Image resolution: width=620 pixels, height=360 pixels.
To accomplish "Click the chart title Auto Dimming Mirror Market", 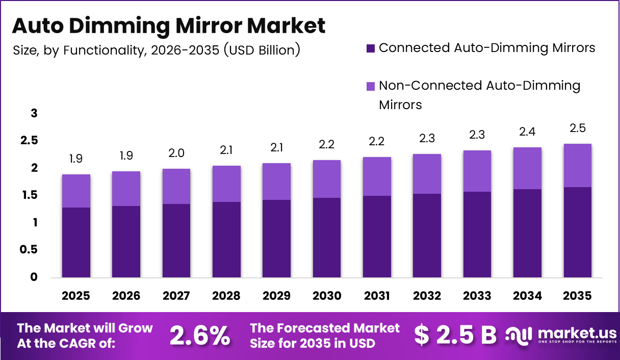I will (x=168, y=25).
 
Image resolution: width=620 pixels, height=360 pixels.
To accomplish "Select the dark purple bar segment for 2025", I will (x=76, y=242).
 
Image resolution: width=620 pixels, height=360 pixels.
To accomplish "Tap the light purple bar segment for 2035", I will (x=577, y=165).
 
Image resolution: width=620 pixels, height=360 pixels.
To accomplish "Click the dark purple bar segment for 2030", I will (x=326, y=238).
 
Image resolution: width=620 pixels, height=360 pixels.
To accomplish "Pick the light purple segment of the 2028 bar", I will (x=226, y=184).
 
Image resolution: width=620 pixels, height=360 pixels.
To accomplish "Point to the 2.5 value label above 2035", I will (x=577, y=128).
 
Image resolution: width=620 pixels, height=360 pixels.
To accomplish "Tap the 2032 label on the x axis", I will (x=427, y=296).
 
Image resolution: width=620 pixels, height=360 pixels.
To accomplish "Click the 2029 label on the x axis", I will (x=276, y=296).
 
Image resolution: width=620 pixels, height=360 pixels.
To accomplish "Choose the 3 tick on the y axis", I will (x=34, y=113).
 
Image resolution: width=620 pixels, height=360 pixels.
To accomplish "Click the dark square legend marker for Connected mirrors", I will (x=371, y=49).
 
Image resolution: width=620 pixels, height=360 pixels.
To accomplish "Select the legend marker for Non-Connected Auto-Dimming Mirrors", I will (x=371, y=86).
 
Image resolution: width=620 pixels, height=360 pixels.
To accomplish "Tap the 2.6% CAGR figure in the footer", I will (x=200, y=335).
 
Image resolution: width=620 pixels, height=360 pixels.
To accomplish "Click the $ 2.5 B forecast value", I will (x=455, y=335).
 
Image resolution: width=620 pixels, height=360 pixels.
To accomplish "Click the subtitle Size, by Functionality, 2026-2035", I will (x=156, y=50).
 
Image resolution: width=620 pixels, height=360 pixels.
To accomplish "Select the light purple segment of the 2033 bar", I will (x=477, y=171).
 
